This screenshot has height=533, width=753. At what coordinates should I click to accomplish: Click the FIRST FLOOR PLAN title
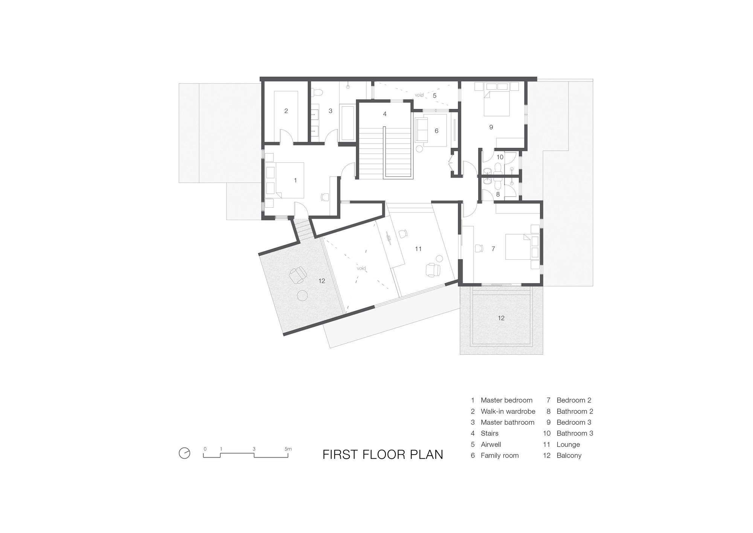(383, 455)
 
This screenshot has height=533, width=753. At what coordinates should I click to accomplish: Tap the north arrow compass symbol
(184, 453)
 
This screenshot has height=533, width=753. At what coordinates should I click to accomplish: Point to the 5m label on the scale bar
(288, 449)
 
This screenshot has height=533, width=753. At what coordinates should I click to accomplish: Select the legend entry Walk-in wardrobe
(508, 411)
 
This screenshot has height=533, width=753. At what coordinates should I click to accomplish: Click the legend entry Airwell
(491, 444)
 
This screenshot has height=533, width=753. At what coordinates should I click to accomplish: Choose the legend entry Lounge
(568, 444)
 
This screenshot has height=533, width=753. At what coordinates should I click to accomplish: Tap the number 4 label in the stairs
(385, 114)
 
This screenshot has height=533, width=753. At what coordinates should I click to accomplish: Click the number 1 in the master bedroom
(295, 181)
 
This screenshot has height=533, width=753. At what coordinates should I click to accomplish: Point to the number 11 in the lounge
(418, 249)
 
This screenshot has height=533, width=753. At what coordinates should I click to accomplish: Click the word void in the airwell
(419, 95)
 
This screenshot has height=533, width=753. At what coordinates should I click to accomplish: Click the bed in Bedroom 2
(522, 247)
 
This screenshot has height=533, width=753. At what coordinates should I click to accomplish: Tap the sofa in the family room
(421, 130)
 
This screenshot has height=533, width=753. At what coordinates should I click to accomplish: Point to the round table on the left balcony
(302, 296)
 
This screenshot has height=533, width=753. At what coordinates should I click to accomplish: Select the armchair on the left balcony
(297, 274)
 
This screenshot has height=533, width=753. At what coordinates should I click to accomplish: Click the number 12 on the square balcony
(501, 318)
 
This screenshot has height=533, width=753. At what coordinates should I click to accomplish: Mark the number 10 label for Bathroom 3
(500, 157)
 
